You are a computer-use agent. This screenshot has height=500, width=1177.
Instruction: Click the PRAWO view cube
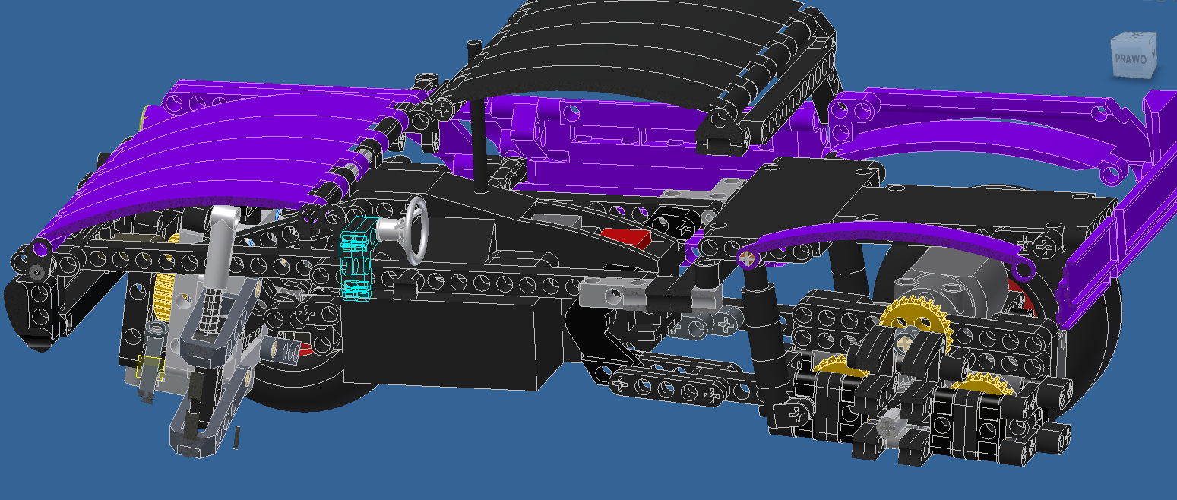[x=1134, y=55]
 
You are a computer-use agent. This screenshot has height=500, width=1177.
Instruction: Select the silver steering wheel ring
[x=416, y=231]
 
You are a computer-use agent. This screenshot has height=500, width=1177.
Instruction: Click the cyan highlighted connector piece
[x=357, y=258]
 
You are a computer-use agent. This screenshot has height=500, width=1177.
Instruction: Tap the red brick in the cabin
[x=625, y=238]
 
